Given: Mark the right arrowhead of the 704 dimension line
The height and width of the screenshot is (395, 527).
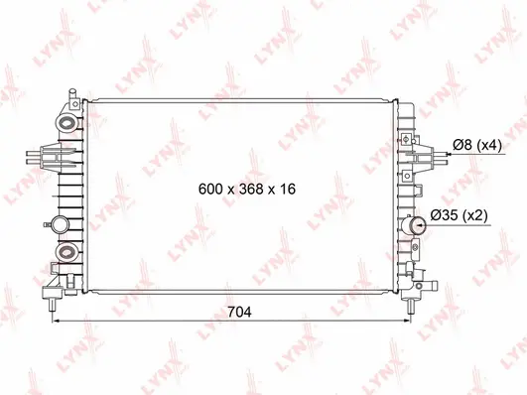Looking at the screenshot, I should point(407,323).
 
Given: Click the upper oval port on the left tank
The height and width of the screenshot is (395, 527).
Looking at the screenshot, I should point(68,123).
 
